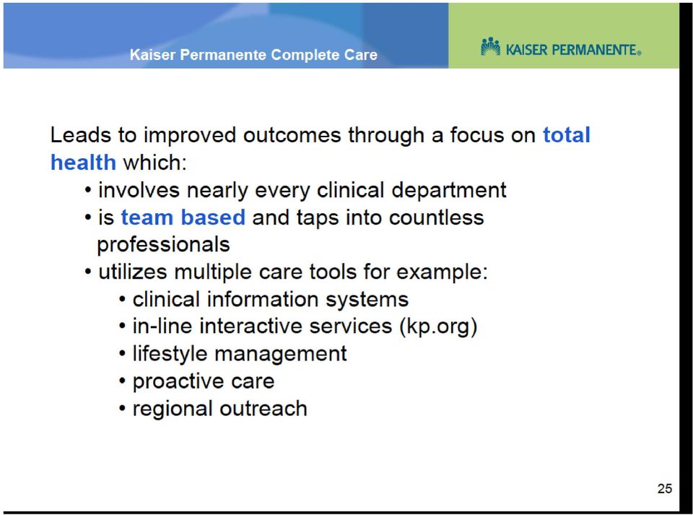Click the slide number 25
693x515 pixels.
pos(665,488)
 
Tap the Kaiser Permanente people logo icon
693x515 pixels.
pos(491,47)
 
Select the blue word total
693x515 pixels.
pos(567,135)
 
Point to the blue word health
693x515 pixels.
pos(84,163)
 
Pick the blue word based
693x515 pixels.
pos(213,217)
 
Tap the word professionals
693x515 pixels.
pos(164,244)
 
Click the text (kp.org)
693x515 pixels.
pos(438,326)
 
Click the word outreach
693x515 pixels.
pos(263,409)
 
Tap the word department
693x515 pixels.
pos(449,191)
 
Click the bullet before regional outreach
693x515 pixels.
pos(123,408)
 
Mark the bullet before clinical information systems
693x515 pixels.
pos(123,299)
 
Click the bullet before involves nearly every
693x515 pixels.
pos(88,191)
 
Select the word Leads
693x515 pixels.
pos(80,135)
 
